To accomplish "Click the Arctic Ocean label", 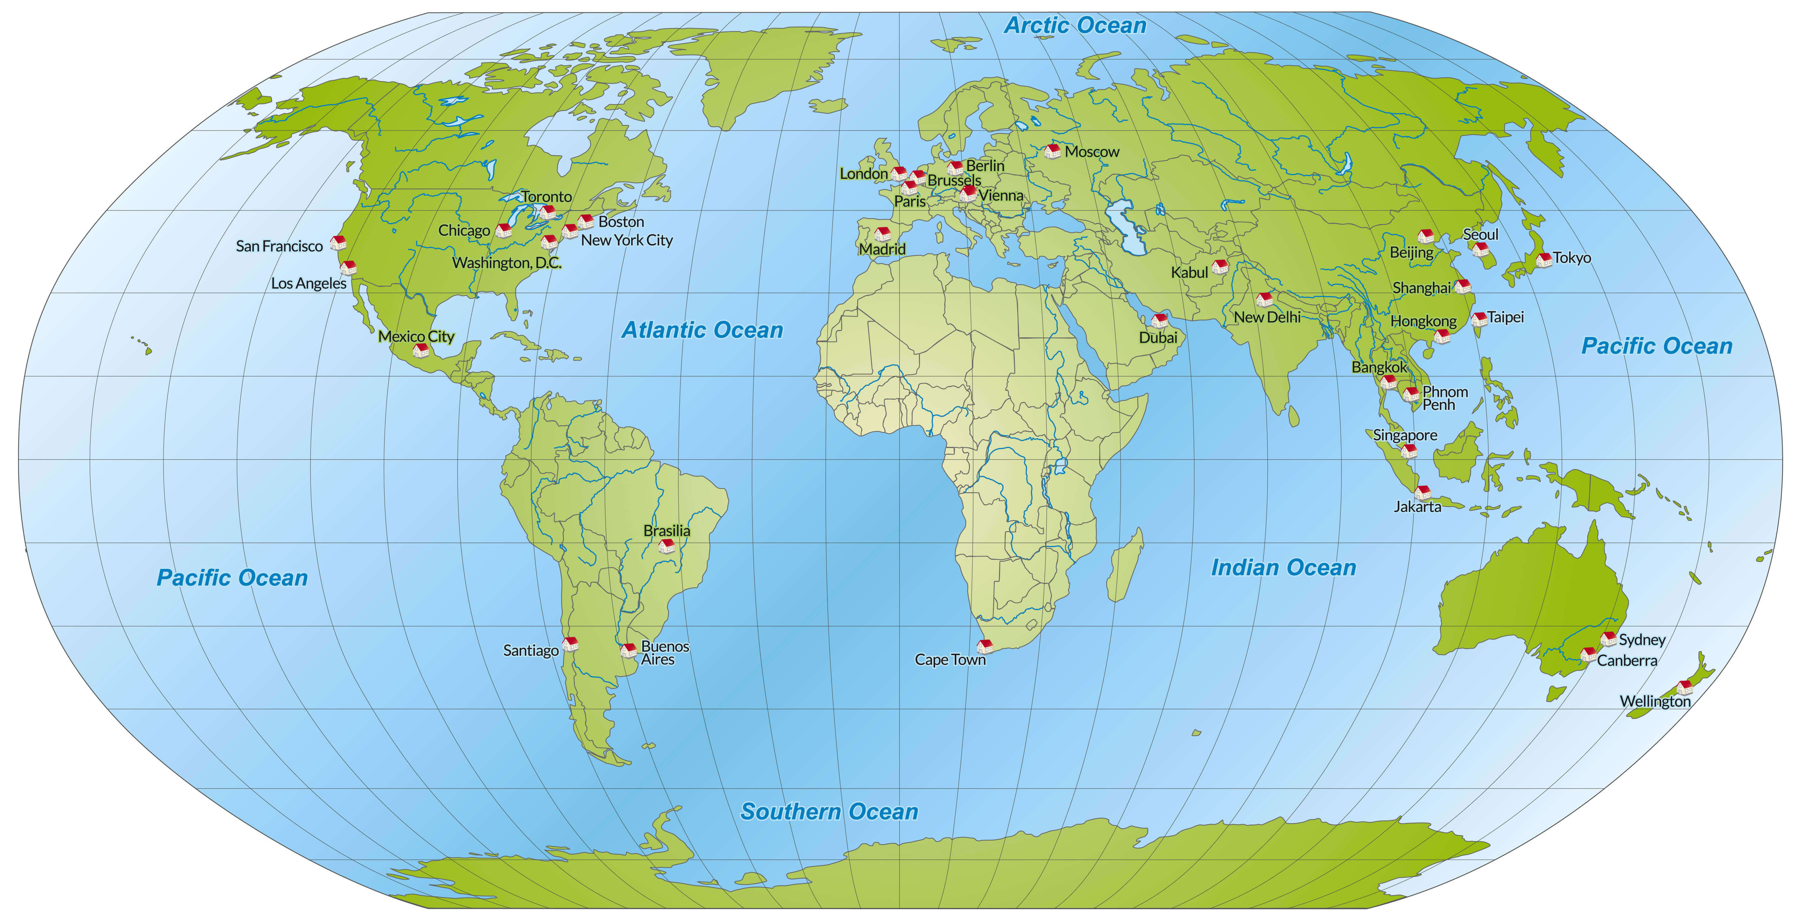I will click(1075, 26).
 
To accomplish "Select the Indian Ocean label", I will click(1284, 568).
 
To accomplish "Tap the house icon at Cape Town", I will click(984, 646).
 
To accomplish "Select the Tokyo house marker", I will click(1544, 259).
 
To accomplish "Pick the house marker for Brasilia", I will click(667, 545).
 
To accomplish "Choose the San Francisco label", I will click(279, 246).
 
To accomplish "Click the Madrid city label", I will click(882, 249).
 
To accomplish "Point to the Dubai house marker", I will click(1159, 320).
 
